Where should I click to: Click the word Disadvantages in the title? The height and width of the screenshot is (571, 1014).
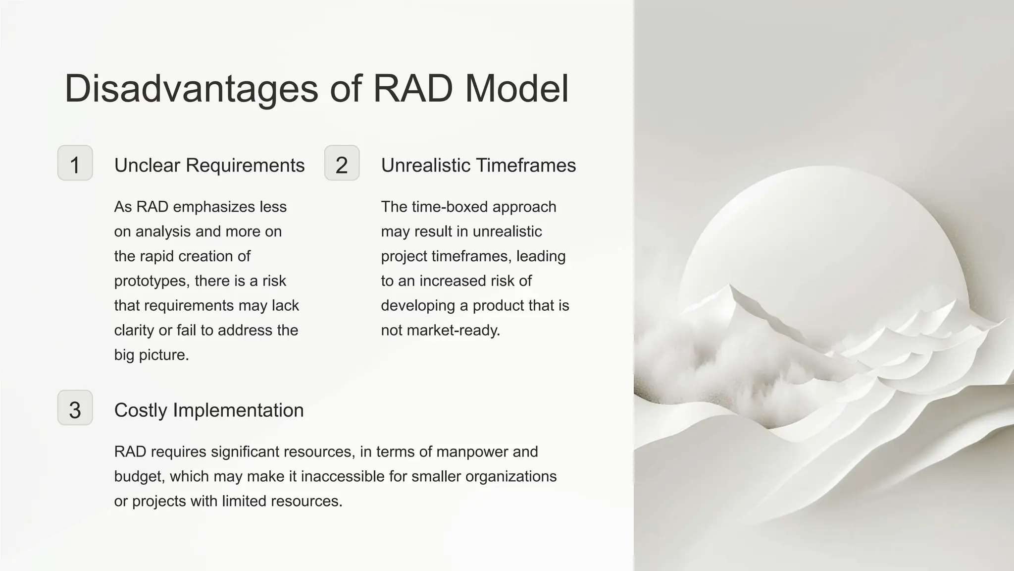[191, 89]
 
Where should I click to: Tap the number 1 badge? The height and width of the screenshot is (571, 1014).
[75, 163]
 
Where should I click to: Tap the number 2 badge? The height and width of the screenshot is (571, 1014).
[342, 163]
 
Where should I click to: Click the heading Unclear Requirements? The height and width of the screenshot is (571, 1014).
[209, 166]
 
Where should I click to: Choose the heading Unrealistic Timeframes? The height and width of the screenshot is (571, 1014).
[478, 166]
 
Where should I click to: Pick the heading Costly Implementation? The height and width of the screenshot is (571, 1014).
[208, 410]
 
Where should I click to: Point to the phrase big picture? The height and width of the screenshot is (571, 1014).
[151, 355]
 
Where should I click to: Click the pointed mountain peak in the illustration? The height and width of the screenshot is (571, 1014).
[730, 286]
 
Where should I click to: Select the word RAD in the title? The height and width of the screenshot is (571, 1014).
[412, 89]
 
